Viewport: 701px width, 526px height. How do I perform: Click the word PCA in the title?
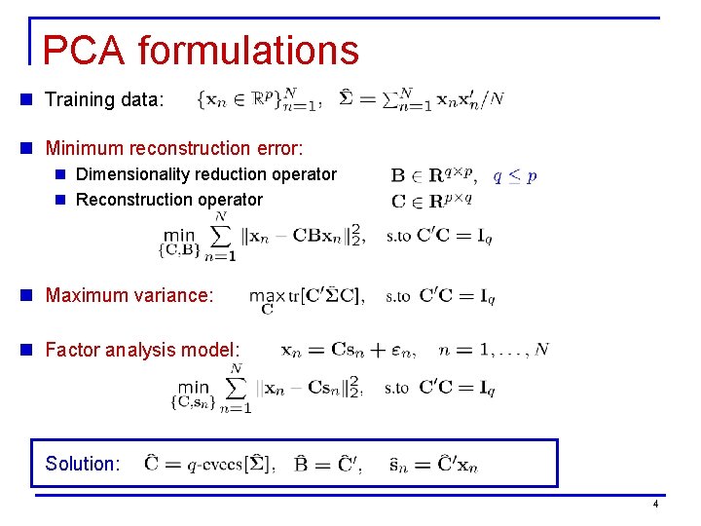tap(84, 51)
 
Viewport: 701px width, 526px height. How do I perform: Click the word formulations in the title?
tap(248, 51)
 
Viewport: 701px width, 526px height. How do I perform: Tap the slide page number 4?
tap(655, 504)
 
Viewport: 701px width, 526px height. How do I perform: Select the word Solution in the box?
tap(80, 464)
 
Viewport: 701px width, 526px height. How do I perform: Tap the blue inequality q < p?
tap(514, 176)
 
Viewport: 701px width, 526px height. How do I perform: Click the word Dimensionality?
tap(134, 174)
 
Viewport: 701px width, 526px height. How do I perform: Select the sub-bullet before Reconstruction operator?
tap(61, 200)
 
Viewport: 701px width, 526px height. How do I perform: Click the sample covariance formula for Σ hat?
tap(421, 99)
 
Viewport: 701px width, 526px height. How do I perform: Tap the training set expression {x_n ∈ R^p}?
tap(259, 99)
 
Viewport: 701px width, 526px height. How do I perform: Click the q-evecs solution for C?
tap(208, 464)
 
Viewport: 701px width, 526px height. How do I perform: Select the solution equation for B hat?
tap(329, 464)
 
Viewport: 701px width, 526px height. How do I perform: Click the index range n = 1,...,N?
tap(493, 350)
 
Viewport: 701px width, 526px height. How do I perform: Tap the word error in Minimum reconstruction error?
tap(278, 148)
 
